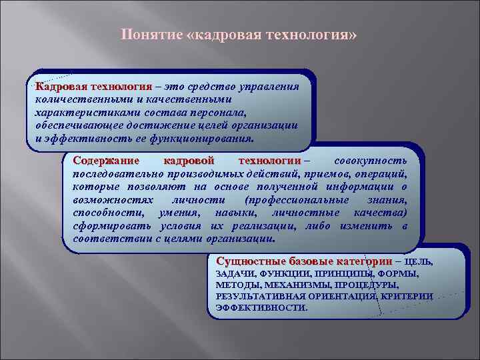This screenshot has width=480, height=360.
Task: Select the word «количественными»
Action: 75,99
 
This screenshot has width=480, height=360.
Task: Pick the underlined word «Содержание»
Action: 106,161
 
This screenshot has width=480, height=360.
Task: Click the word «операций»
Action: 381,173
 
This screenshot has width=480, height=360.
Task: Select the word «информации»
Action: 365,187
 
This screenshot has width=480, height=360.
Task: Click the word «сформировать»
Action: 107,225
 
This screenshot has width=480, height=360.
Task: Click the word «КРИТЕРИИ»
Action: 407,297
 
